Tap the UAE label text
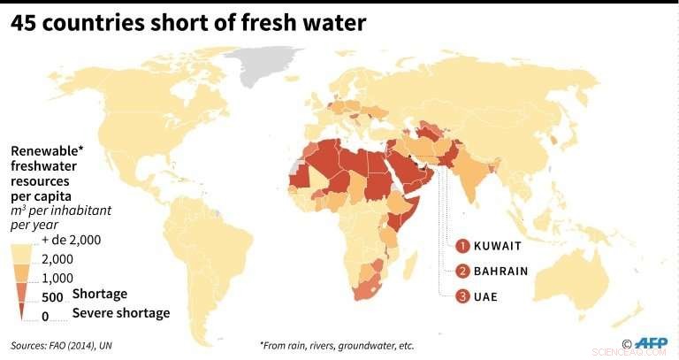tap(485, 295)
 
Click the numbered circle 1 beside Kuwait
tap(462, 245)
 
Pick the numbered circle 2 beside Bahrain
tap(462, 271)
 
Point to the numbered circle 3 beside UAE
tap(462, 295)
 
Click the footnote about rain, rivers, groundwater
tap(336, 345)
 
